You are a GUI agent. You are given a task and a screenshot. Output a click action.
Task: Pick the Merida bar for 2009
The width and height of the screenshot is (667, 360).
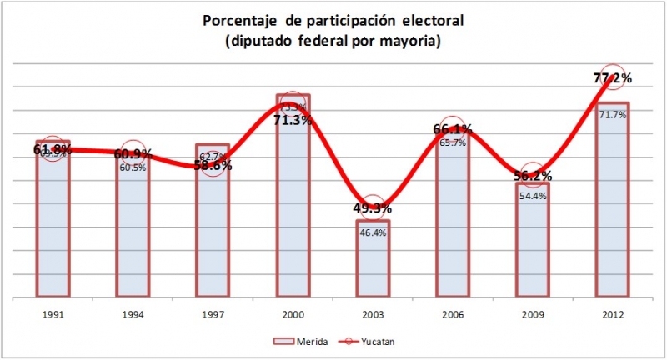point(533,250)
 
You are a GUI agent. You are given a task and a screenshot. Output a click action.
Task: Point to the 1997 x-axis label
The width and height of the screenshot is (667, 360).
point(213,316)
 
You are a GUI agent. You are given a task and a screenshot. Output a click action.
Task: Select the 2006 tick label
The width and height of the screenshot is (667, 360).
point(453,316)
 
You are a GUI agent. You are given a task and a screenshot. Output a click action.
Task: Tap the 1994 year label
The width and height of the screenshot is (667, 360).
point(133,316)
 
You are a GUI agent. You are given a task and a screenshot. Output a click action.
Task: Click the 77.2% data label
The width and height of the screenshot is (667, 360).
point(613,78)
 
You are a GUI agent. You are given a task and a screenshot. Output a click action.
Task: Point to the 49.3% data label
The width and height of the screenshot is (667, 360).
point(373,207)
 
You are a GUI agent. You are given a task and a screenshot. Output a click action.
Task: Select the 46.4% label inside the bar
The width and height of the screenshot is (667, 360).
point(373,233)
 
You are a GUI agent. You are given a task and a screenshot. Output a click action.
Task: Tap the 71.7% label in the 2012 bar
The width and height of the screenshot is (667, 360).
point(613,114)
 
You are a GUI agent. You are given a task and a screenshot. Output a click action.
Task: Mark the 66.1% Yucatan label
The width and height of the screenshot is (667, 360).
point(453,129)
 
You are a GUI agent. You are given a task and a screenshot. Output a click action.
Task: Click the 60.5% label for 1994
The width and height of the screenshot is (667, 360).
point(133,167)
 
